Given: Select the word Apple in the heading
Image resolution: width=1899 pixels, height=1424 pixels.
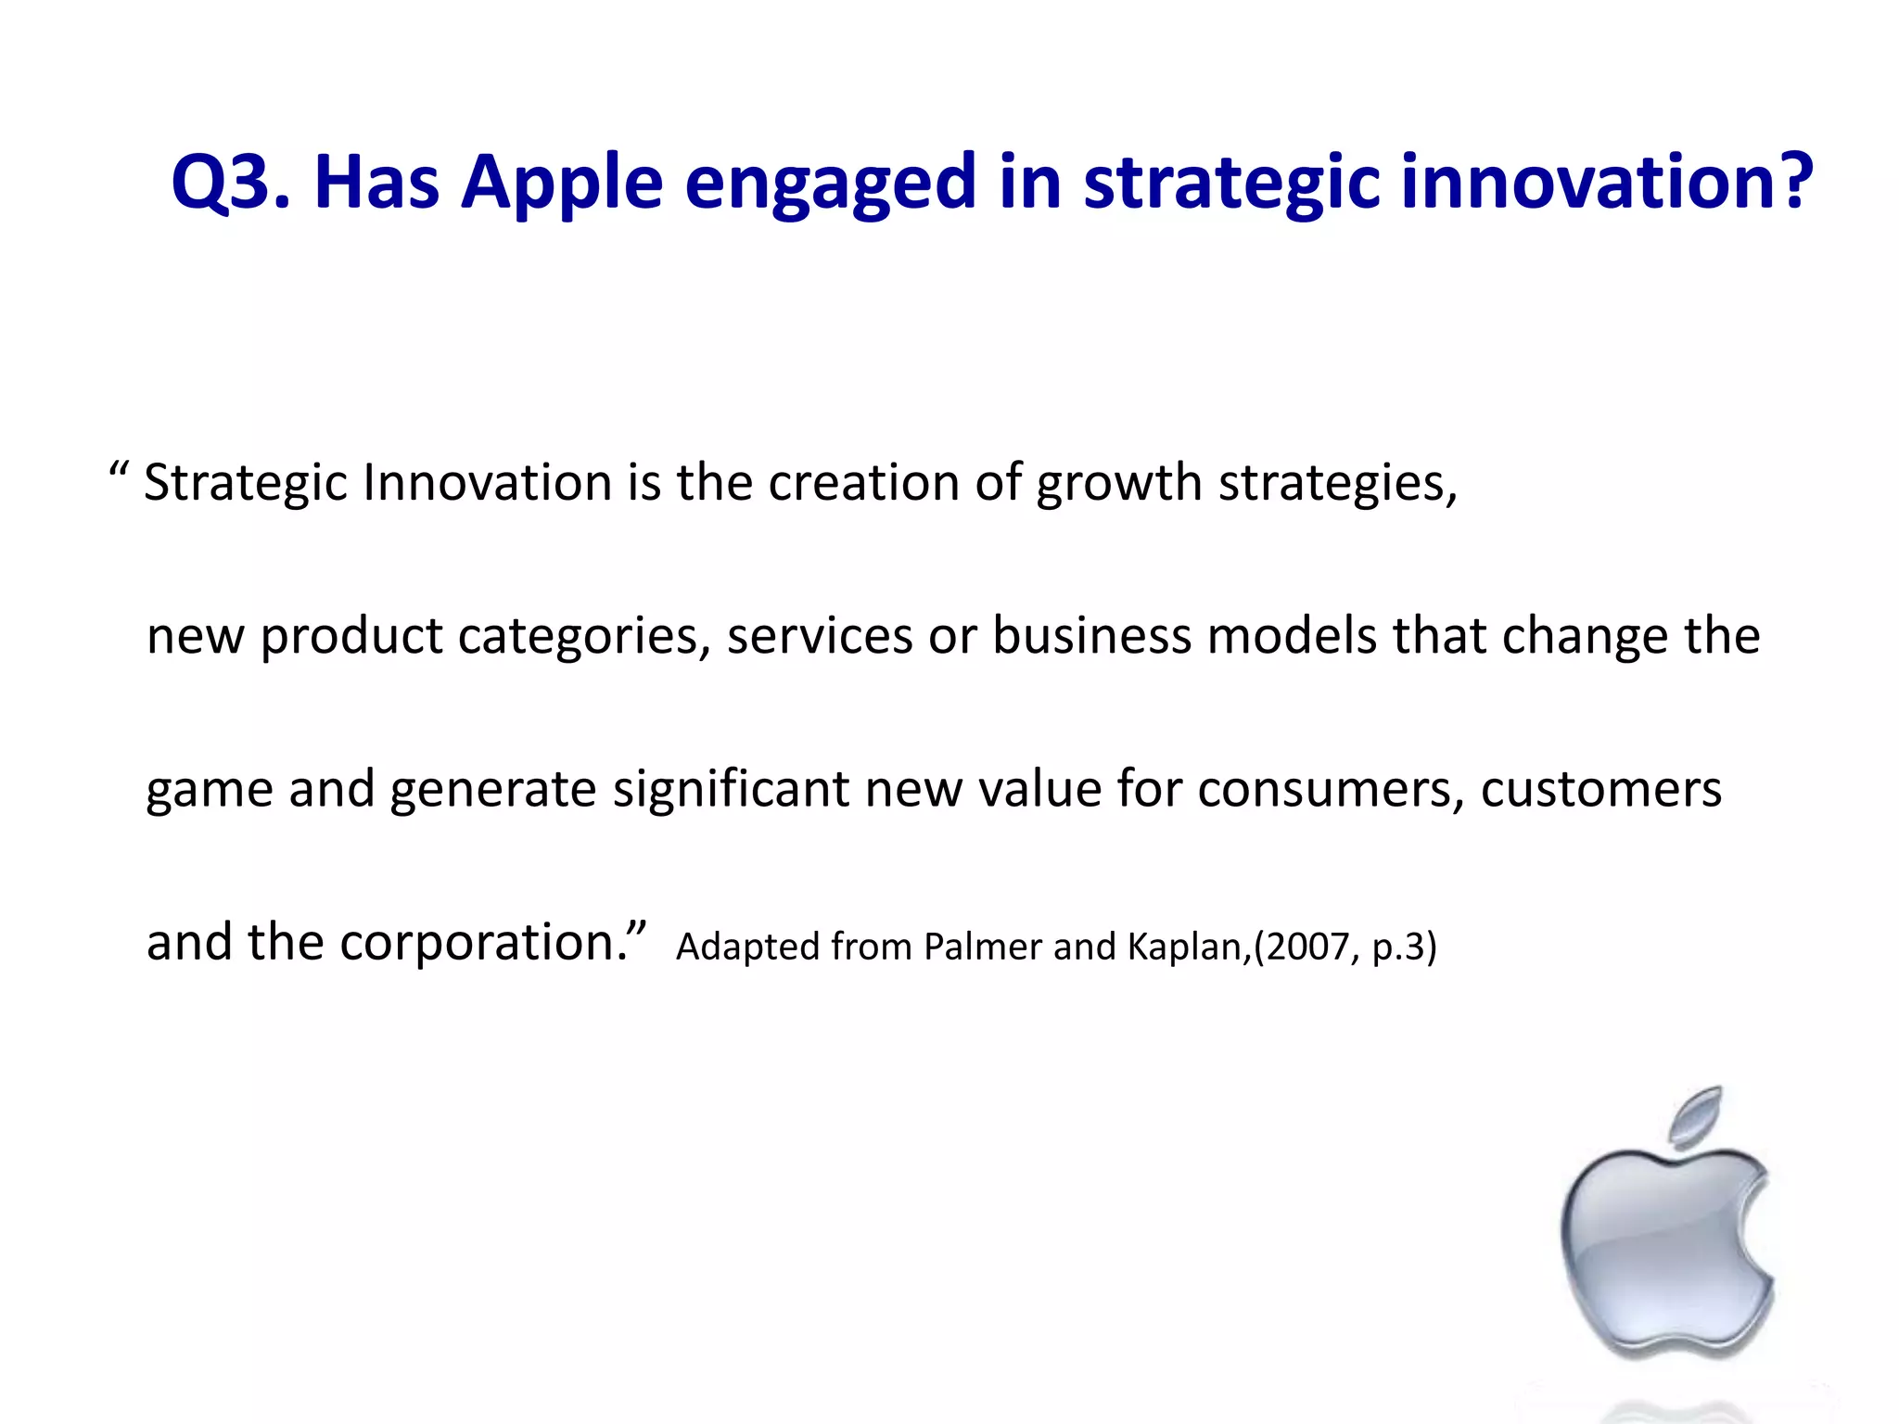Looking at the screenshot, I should pyautogui.click(x=562, y=183).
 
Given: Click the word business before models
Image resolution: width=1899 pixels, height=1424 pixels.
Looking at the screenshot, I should pyautogui.click(x=1091, y=636).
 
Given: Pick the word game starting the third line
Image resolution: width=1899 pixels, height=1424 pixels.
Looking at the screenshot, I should pyautogui.click(x=210, y=791).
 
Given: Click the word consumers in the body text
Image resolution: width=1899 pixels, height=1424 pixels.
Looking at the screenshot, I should pyautogui.click(x=1331, y=789).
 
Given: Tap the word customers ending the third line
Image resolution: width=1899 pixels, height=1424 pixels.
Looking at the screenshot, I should pyautogui.click(x=1600, y=789).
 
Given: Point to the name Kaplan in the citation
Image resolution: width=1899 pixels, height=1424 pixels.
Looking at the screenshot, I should pyautogui.click(x=1184, y=947).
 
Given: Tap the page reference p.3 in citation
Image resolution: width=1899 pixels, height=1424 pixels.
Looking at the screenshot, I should pyautogui.click(x=1397, y=947).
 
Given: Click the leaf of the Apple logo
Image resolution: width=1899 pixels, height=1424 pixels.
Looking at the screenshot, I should pyautogui.click(x=1697, y=1116).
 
